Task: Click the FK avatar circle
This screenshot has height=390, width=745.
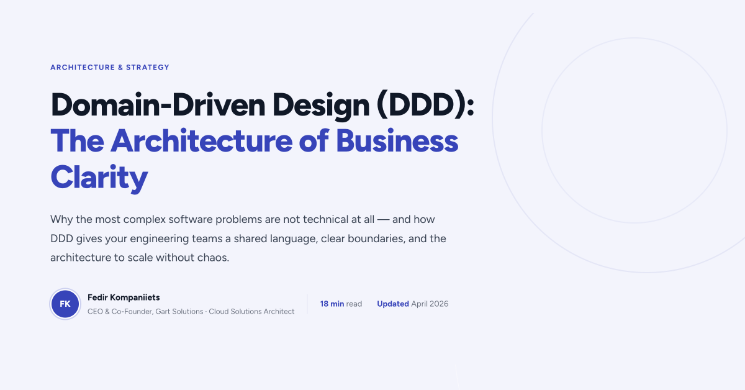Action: pos(65,304)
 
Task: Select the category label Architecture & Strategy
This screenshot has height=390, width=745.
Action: pos(110,67)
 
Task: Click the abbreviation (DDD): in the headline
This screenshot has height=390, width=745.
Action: pos(425,105)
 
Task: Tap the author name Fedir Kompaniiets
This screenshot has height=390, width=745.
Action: pos(124,297)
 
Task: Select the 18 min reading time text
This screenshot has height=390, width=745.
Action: pos(332,304)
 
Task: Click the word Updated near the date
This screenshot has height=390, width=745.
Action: pos(393,304)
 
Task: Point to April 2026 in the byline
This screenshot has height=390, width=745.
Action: pos(430,304)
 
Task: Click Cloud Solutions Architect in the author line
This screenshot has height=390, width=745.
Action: pos(251,311)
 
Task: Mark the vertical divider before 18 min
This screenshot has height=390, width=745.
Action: pos(307,304)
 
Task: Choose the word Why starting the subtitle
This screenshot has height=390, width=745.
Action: pos(61,220)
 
